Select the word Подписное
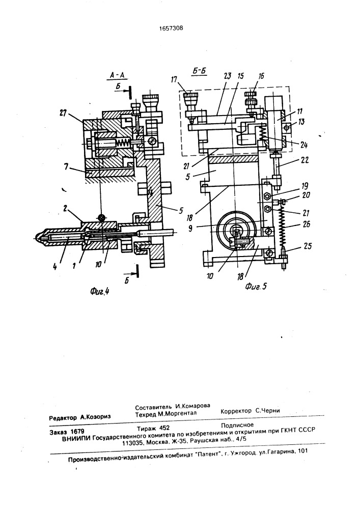[237, 423]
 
